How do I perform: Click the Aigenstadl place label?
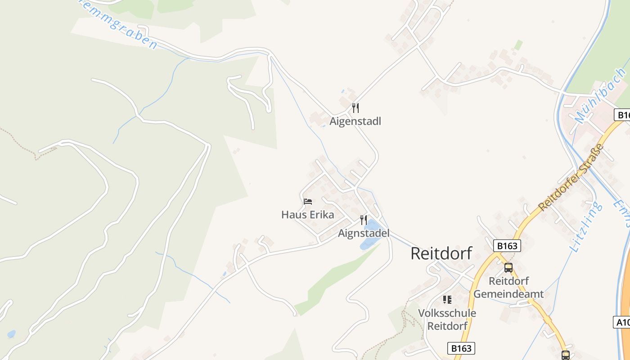point(355,121)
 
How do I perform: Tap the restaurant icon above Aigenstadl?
point(355,108)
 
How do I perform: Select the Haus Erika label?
point(308,215)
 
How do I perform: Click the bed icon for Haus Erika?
point(308,201)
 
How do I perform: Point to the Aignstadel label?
point(364,233)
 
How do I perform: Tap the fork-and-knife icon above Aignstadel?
point(364,220)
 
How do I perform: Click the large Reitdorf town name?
point(441,253)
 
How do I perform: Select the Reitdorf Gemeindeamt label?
point(508,288)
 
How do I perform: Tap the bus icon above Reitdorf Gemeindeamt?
point(508,268)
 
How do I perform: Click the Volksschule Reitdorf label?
point(447,319)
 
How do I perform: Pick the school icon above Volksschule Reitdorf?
point(447,299)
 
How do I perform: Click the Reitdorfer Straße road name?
point(571,177)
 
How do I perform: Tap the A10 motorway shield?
point(622,322)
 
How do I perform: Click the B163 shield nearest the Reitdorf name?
point(507,246)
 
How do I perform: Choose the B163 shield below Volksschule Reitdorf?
point(461,348)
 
